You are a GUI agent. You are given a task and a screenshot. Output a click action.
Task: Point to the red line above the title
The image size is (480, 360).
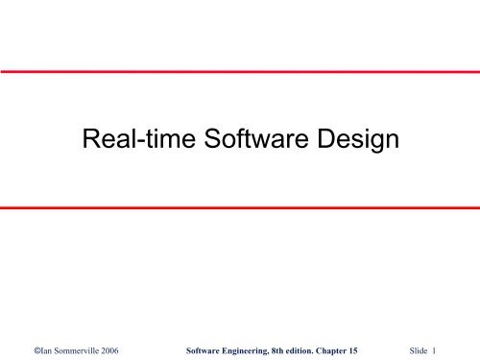point(240,71)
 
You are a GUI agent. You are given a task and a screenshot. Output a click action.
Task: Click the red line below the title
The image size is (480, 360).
point(240,208)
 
